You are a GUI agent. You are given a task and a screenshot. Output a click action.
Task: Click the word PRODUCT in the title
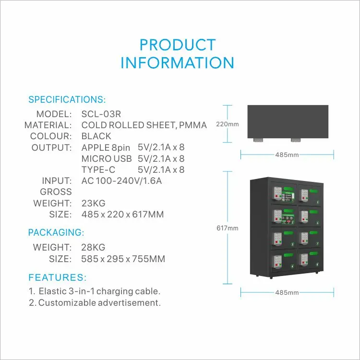177,45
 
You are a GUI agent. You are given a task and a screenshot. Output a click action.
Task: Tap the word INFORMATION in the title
177,63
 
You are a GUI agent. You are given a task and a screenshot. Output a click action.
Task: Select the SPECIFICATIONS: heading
67,100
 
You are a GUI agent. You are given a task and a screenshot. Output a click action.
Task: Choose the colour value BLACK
96,136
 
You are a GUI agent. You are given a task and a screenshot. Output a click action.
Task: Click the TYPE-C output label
99,169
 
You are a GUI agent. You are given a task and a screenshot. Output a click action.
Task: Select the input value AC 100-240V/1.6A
122,181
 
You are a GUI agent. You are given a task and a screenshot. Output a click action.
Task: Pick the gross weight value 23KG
93,203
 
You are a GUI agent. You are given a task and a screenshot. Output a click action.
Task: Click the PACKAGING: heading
56,233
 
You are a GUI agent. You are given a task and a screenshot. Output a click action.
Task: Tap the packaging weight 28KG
93,248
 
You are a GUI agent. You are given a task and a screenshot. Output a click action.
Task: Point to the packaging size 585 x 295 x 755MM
123,259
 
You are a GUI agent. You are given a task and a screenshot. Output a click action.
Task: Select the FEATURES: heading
58,277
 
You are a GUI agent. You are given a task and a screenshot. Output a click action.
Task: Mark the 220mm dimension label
227,124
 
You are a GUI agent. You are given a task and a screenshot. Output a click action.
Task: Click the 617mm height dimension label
227,228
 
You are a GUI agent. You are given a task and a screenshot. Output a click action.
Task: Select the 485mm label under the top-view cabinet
287,155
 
